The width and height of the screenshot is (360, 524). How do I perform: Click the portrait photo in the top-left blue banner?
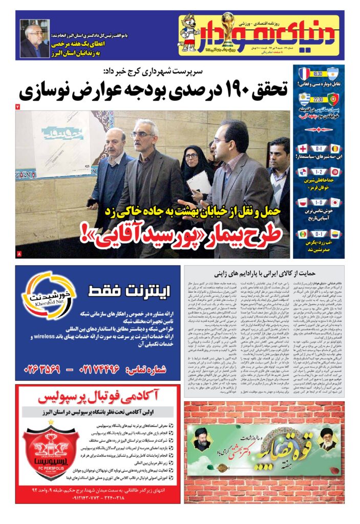[35, 39]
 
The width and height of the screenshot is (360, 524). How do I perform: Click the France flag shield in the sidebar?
[305, 74]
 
